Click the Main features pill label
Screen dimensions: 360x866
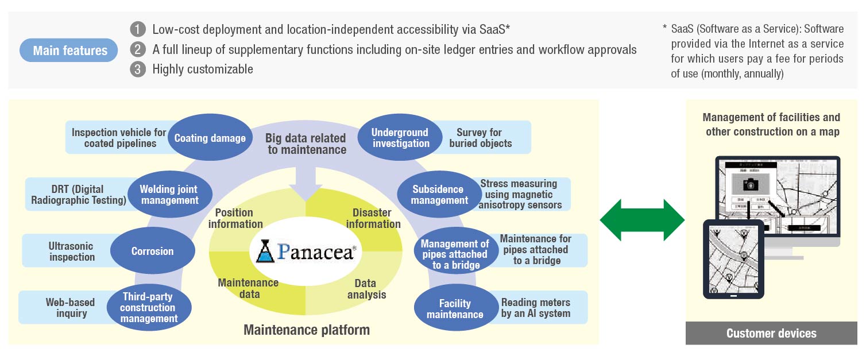[x=69, y=51]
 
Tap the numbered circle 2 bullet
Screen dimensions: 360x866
[x=138, y=49]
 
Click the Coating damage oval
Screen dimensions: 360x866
[x=210, y=138]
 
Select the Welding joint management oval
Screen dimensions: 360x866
[x=168, y=195]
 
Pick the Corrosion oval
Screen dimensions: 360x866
[x=152, y=251]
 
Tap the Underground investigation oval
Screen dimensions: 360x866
[x=400, y=138]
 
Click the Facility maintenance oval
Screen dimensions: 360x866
[x=455, y=309]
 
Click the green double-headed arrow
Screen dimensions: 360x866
[x=642, y=220]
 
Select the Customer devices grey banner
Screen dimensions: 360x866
[x=771, y=334]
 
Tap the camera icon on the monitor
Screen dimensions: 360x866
[x=750, y=185]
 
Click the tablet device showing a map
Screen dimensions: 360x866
[x=733, y=259]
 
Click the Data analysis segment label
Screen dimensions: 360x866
[x=366, y=289]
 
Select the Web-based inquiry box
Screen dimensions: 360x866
[x=63, y=308]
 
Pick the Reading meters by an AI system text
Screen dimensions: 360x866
[x=535, y=308]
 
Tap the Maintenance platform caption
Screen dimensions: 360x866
[x=307, y=330]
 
